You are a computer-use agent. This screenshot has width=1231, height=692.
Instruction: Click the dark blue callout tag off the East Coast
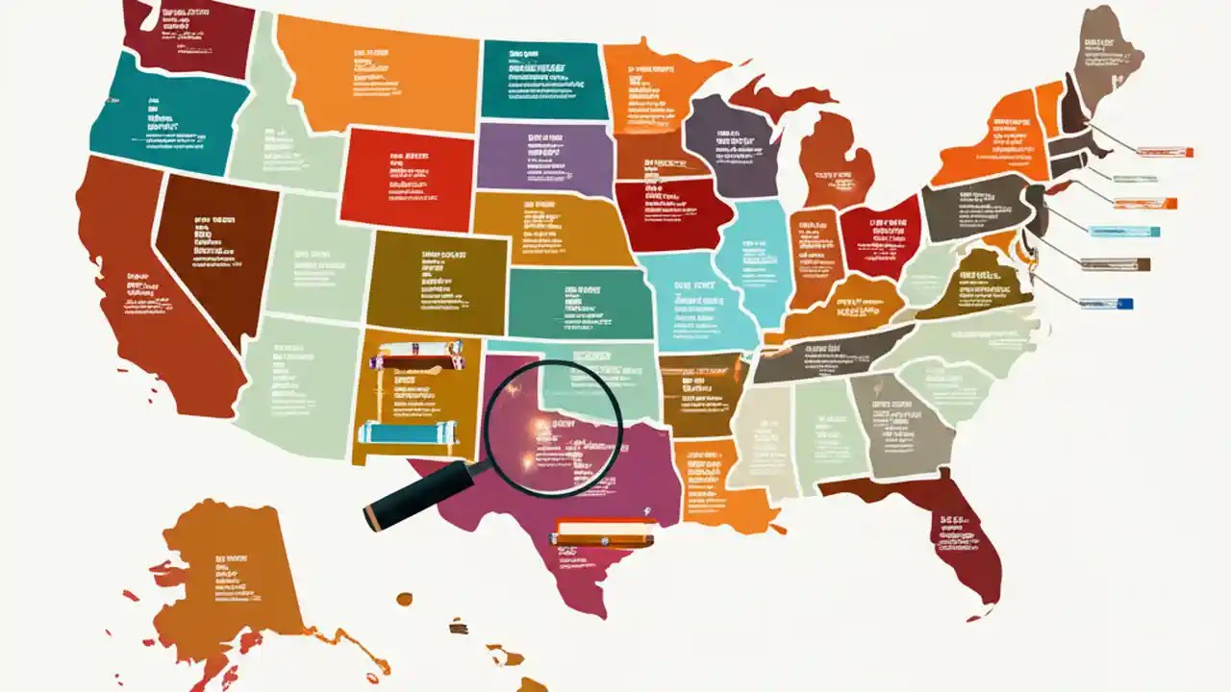1106,304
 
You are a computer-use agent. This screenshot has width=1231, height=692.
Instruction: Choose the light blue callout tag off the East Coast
1125,231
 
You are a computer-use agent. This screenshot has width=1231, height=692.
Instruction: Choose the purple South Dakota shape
543,159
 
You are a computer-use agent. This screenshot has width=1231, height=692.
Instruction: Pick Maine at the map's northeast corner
1106,58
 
